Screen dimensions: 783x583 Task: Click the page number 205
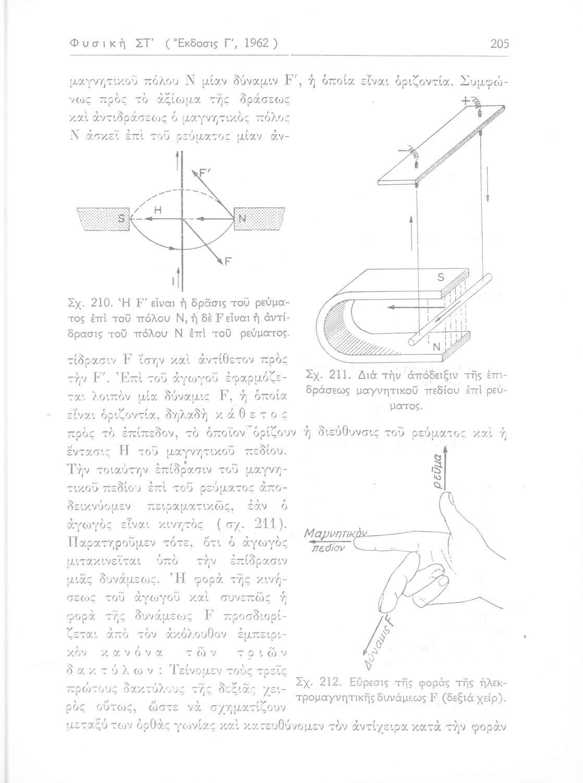point(500,43)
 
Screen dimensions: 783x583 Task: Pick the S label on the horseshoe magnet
point(440,279)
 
